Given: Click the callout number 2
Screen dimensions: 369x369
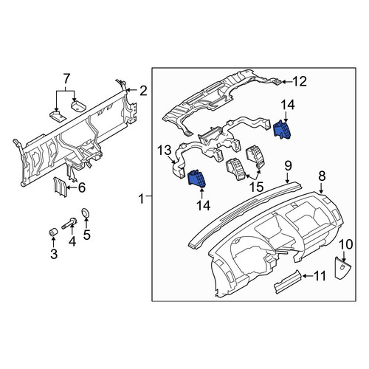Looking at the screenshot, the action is pyautogui.click(x=143, y=91).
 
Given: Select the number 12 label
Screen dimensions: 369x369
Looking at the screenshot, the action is pyautogui.click(x=300, y=81).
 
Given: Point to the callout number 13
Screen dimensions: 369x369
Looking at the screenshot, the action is pyautogui.click(x=164, y=150).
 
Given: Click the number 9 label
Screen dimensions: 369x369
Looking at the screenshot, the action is pyautogui.click(x=288, y=165).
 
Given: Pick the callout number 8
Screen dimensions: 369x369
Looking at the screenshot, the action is pyautogui.click(x=322, y=176).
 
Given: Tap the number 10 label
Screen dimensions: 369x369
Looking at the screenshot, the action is pyautogui.click(x=346, y=244).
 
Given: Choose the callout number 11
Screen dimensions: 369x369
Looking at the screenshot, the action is pyautogui.click(x=319, y=276).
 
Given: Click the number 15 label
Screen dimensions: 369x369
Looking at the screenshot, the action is pyautogui.click(x=256, y=187).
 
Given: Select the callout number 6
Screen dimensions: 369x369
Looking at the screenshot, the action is pyautogui.click(x=82, y=187).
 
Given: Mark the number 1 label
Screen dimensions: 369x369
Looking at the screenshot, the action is pyautogui.click(x=141, y=199).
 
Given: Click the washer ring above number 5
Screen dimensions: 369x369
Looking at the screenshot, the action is pyautogui.click(x=86, y=213).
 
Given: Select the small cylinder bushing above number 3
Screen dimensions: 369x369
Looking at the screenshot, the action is pyautogui.click(x=53, y=232).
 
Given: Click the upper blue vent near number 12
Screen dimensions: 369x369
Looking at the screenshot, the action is pyautogui.click(x=282, y=130).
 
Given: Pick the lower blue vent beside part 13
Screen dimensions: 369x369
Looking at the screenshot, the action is pyautogui.click(x=197, y=179).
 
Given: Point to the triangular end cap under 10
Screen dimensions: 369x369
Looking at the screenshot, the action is pyautogui.click(x=343, y=268).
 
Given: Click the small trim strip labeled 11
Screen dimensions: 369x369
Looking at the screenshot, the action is pyautogui.click(x=288, y=282).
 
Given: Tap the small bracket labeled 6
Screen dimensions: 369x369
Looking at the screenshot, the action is pyautogui.click(x=61, y=187).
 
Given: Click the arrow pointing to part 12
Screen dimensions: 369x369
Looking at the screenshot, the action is pyautogui.click(x=286, y=82).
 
